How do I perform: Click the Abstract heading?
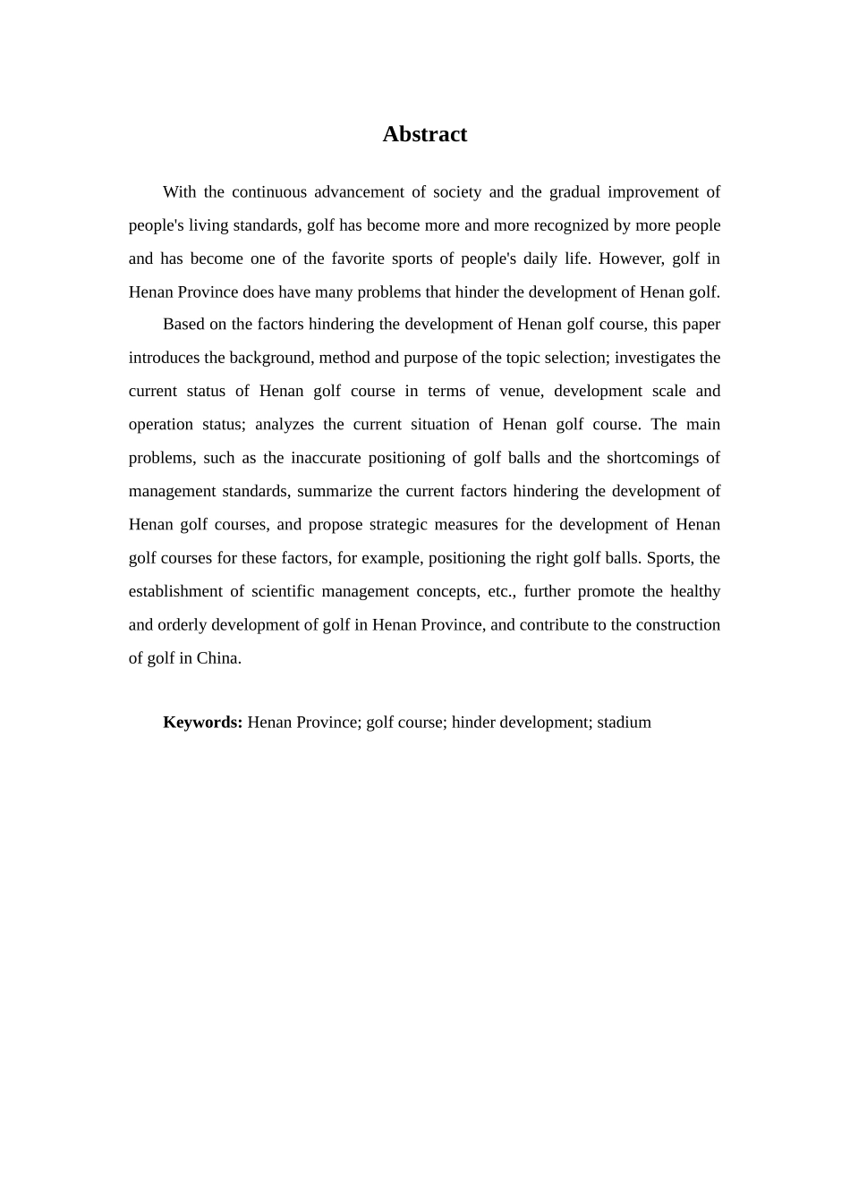tap(424, 134)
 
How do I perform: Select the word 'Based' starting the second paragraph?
tap(183, 325)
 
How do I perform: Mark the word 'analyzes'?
tap(284, 425)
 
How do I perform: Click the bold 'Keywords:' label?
tap(202, 723)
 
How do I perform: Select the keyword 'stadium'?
tap(624, 723)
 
